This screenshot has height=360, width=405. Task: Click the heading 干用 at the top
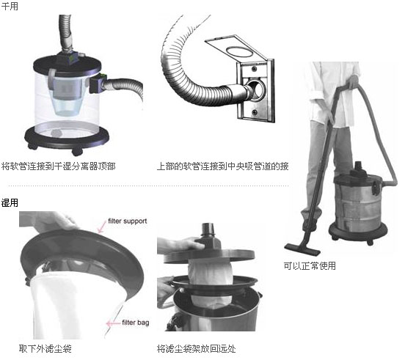click(10, 6)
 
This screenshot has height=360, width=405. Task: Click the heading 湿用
click(10, 203)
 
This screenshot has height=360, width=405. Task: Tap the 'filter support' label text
click(128, 221)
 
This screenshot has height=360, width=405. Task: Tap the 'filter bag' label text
click(135, 323)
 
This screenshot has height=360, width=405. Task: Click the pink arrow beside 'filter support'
click(102, 227)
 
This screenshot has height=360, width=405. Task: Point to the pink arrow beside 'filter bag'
click(113, 323)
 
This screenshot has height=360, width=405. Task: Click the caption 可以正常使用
click(310, 265)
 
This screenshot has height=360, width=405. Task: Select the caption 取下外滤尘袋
click(45, 349)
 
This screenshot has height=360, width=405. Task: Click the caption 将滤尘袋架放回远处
click(197, 349)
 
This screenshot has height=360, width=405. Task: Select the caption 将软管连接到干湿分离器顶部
click(59, 166)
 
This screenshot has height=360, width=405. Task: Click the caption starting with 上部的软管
click(222, 166)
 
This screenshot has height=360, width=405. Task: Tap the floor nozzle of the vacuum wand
click(302, 249)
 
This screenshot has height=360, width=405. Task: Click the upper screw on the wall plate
click(255, 69)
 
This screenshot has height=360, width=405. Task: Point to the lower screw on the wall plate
click(255, 112)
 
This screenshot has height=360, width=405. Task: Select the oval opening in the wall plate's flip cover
click(239, 51)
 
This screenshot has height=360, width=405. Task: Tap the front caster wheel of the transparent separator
click(77, 151)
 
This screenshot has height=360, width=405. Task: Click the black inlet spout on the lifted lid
click(208, 229)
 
